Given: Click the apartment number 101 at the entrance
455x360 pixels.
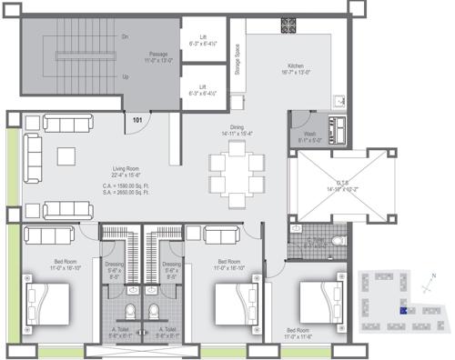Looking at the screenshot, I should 137,120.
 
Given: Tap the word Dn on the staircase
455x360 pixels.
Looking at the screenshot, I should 126,36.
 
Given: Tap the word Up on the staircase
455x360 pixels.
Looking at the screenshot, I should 126,76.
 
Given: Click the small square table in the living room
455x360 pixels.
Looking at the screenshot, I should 66,155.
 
